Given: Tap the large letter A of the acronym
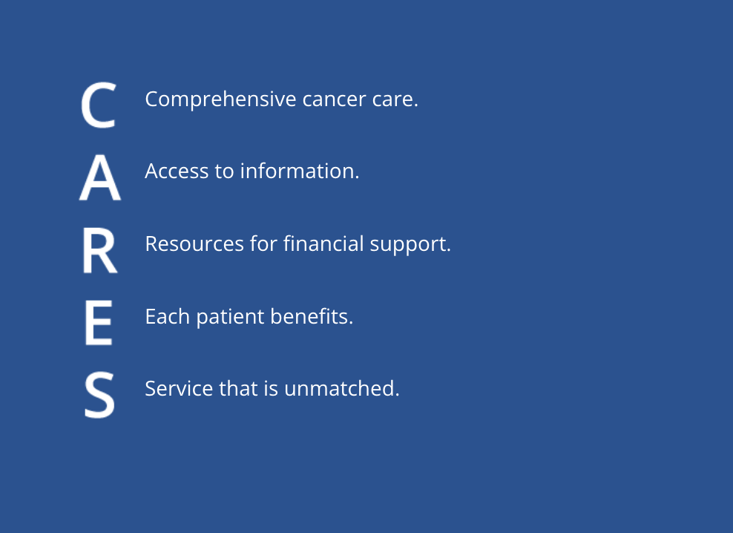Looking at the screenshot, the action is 100,178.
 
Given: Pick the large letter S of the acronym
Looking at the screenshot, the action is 99,394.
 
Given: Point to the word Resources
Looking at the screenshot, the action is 194,243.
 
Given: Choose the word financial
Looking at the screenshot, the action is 323,243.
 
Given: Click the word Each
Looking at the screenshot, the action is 168,316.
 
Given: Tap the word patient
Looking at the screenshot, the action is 230,317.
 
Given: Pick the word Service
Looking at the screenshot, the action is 179,389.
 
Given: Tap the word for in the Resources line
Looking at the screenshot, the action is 263,243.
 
